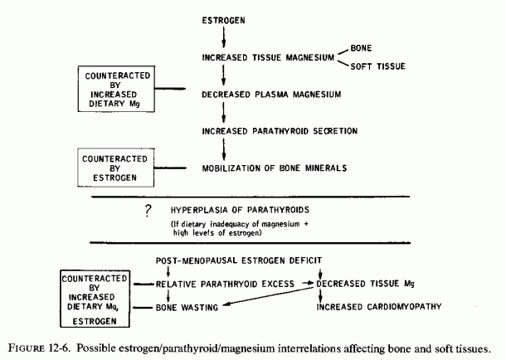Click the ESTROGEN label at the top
[x=223, y=21]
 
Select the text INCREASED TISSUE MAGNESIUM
[x=268, y=57]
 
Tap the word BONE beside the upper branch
[x=361, y=48]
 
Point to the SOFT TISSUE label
[x=378, y=66]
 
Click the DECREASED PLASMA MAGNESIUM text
[x=271, y=95]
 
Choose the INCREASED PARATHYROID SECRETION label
[x=280, y=131]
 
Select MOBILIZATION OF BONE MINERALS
[x=275, y=168]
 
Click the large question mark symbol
[x=148, y=211]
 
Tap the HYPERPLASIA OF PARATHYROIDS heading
[x=240, y=210]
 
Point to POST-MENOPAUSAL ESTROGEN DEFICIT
[x=239, y=260]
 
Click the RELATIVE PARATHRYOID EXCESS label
[x=225, y=285]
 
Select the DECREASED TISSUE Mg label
[x=365, y=284]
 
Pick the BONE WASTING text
[x=187, y=308]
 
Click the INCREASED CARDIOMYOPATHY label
[x=379, y=306]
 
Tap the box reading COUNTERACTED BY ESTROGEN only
[x=116, y=168]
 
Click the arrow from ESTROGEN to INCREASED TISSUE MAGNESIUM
[x=224, y=37]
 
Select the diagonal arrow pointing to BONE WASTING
[x=268, y=296]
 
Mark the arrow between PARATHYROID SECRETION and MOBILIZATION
[x=224, y=149]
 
